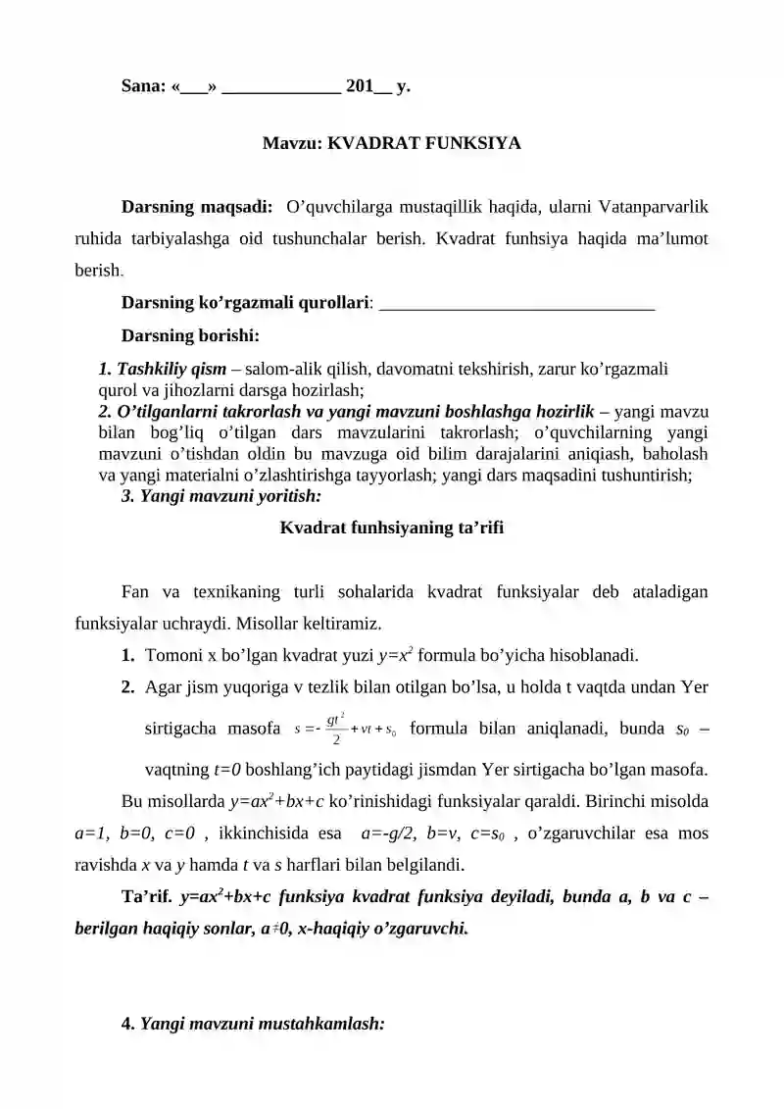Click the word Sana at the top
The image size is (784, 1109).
coord(142,85)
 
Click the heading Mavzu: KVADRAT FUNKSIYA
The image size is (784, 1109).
coord(391,143)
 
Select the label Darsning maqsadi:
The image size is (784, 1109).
coord(196,208)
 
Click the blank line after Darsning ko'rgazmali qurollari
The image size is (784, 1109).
coord(515,304)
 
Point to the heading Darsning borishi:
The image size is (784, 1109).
coord(189,336)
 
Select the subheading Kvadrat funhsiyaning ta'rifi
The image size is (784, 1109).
coord(391,528)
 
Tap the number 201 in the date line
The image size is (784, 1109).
coord(361,85)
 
